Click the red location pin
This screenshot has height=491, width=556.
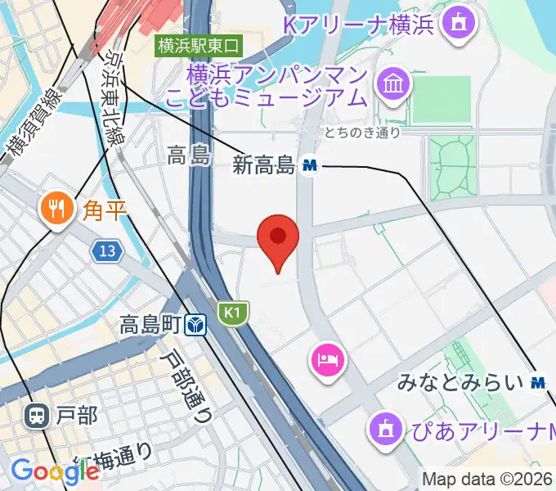[278, 238]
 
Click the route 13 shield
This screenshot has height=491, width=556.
[106, 251]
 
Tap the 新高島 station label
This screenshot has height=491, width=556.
[263, 165]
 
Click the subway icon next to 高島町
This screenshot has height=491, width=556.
[195, 326]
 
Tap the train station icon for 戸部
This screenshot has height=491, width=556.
[36, 416]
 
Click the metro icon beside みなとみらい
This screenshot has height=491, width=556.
[538, 381]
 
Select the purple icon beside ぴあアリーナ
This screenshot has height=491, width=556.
[383, 426]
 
